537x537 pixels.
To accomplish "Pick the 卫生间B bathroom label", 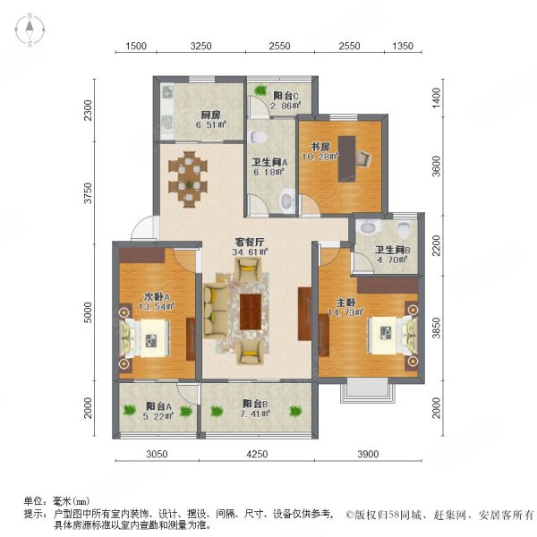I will click(x=392, y=251).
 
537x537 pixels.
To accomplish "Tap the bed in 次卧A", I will click(x=142, y=338).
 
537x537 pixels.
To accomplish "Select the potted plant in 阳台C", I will click(x=260, y=89).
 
